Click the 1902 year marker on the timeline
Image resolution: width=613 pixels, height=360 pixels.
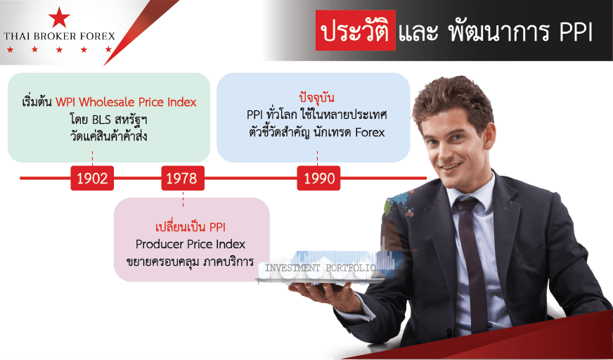(92, 178)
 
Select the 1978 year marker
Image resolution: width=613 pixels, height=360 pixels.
(183, 178)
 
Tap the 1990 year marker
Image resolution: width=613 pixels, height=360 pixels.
(318, 178)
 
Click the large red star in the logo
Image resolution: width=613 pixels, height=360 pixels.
(60, 18)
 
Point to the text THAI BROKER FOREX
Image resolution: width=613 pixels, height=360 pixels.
(60, 37)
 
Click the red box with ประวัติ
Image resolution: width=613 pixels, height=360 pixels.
(356, 30)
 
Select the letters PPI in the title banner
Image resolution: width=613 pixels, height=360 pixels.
(576, 32)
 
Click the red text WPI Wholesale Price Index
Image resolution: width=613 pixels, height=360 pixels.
(126, 103)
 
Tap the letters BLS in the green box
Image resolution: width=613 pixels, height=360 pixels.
(103, 120)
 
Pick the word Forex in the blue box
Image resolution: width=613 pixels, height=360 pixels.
(370, 132)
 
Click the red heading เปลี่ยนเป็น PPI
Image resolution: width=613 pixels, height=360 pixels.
(191, 227)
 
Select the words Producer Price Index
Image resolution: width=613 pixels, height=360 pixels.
(191, 244)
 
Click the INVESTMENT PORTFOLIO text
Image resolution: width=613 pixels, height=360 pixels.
(321, 268)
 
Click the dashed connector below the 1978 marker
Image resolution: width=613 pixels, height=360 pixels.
(183, 198)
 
